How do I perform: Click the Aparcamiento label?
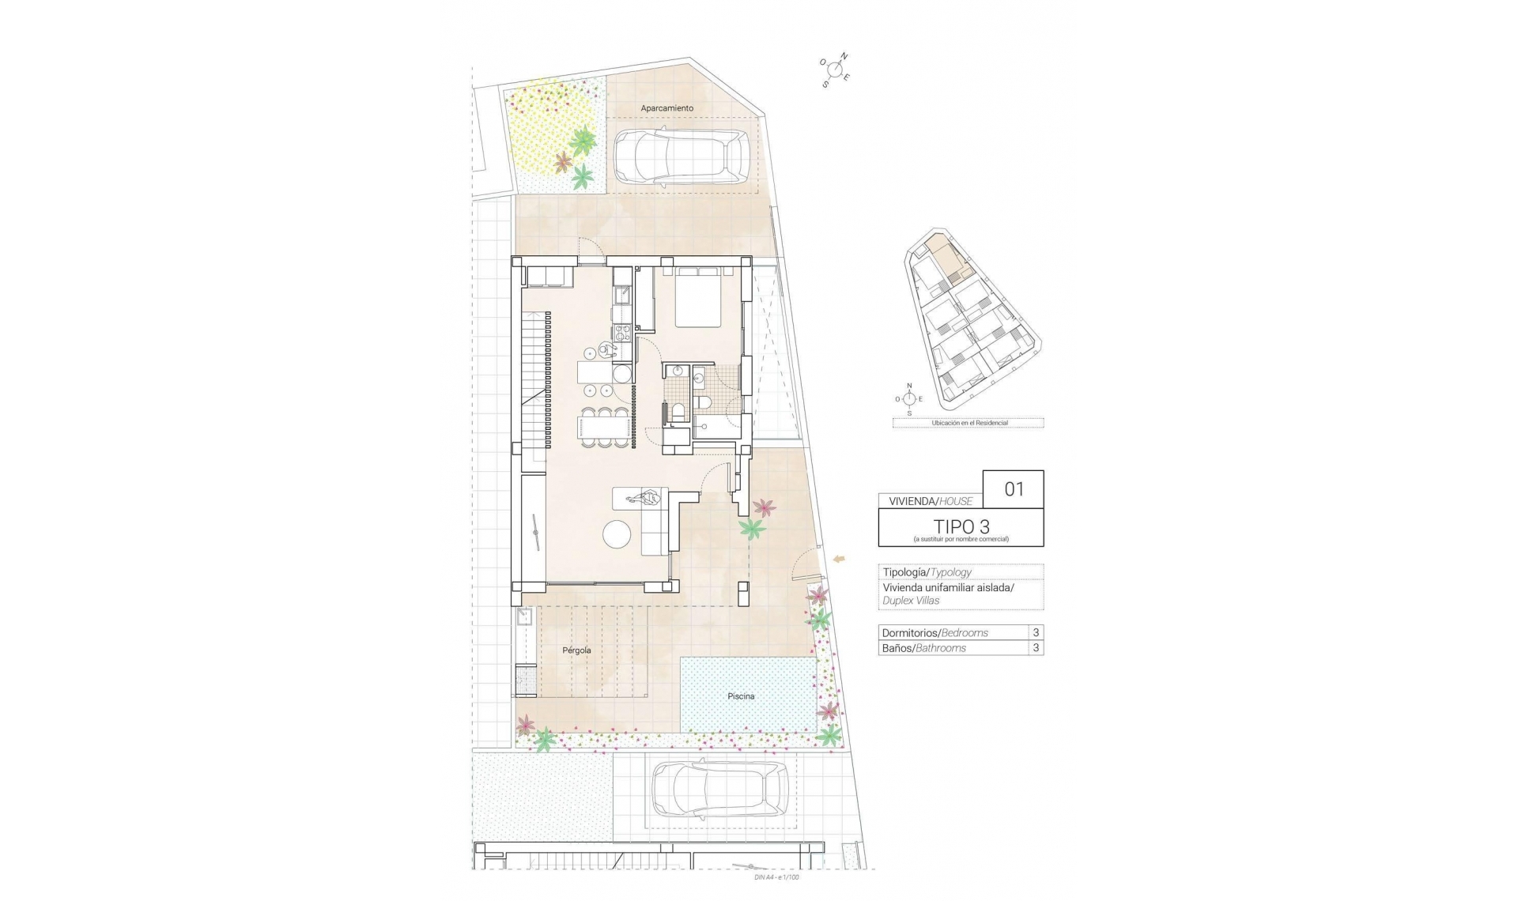(x=666, y=108)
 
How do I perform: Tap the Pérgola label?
(x=576, y=650)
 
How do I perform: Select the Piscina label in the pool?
(x=741, y=696)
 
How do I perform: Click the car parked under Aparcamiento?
(x=681, y=156)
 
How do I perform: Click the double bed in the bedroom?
(x=697, y=298)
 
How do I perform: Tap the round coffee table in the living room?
(x=617, y=536)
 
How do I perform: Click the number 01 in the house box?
(x=1014, y=489)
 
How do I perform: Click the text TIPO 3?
(x=961, y=526)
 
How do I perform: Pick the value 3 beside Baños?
(x=1036, y=648)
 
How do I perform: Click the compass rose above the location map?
(x=909, y=399)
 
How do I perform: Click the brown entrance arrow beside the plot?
(x=839, y=560)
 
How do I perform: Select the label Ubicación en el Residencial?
(x=969, y=423)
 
